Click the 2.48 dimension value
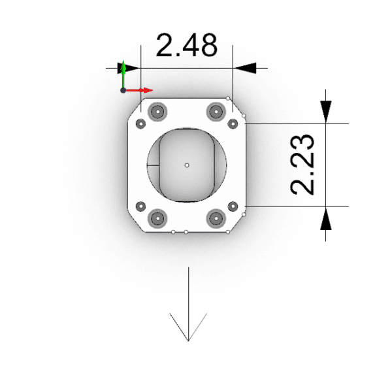(186, 46)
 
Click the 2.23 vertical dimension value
(304, 165)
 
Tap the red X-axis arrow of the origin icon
(146, 90)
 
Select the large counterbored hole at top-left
(157, 112)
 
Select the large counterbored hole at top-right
(215, 112)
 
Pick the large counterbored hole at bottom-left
(157, 218)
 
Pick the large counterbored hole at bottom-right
(215, 218)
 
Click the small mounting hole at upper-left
(140, 123)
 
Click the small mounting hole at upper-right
(233, 123)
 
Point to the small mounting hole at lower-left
(140, 207)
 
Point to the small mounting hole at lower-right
(233, 207)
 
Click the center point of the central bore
(187, 165)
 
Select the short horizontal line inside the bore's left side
(154, 165)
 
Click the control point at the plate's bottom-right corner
(227, 231)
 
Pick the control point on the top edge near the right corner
(227, 99)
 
